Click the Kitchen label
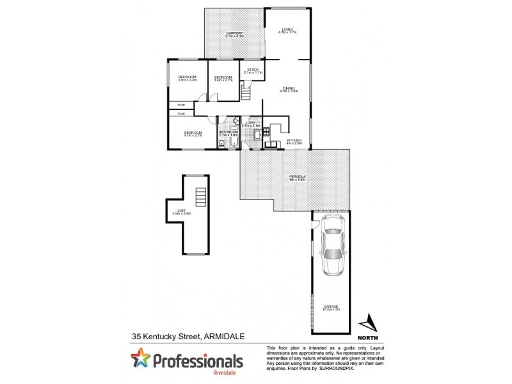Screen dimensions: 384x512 click(294, 140)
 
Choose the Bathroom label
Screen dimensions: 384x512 click(228, 132)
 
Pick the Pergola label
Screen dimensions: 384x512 click(295, 177)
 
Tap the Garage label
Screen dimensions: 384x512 click(331, 307)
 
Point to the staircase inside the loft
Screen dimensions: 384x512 click(202, 196)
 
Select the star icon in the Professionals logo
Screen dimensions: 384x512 click(140, 358)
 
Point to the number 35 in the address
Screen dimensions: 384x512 click(136, 335)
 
